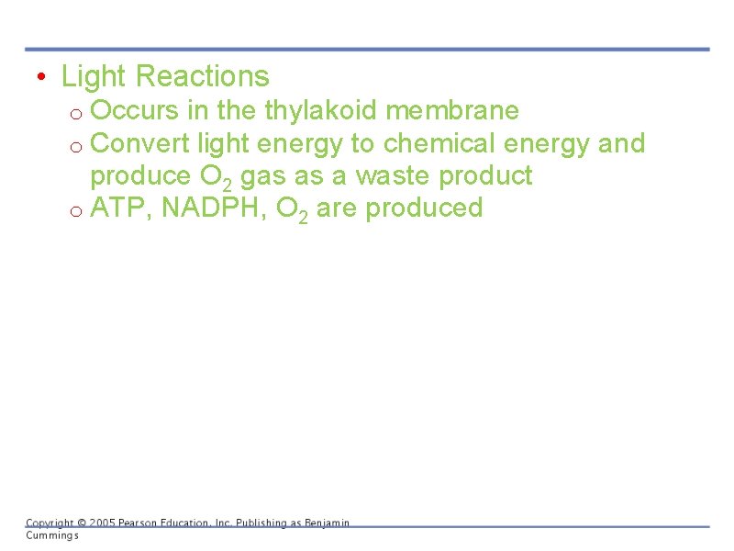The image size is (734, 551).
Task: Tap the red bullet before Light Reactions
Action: coord(41,76)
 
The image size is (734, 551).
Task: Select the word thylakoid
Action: coord(321,111)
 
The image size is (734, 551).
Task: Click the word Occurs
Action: coord(135,111)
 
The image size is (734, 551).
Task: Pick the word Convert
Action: coord(140,143)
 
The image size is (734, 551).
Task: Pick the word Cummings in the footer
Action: coord(51,534)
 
